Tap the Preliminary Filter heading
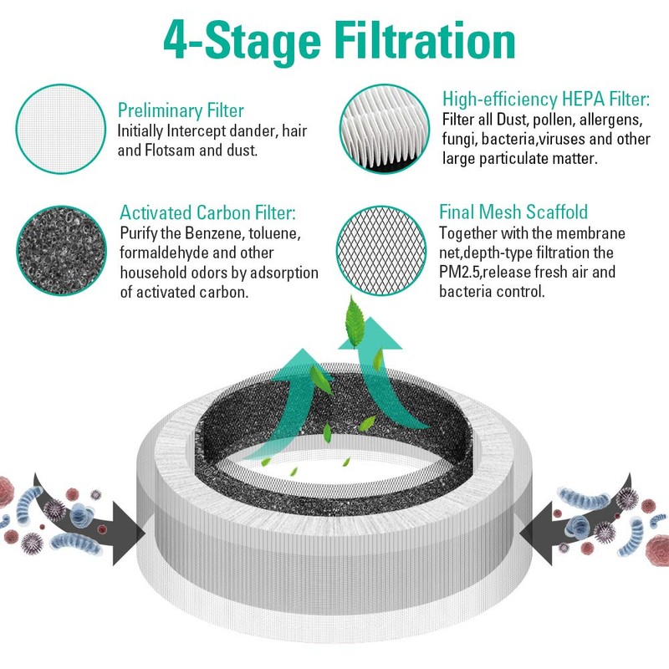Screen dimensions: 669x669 click(181, 110)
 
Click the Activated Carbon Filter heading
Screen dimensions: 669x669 click(207, 213)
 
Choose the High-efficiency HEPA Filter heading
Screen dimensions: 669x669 click(546, 100)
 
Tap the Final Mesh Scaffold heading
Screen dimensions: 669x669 click(514, 212)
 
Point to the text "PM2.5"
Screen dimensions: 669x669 click(462, 272)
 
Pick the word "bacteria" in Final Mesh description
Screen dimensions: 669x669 click(468, 292)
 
